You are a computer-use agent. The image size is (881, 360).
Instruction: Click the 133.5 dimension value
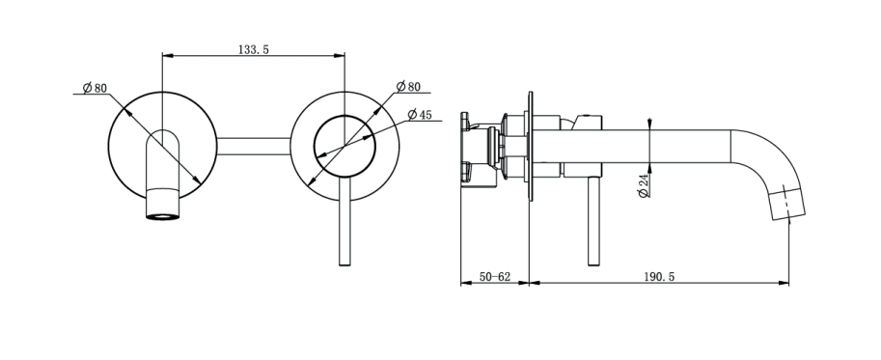[254, 49]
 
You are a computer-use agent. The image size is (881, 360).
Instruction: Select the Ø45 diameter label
[420, 115]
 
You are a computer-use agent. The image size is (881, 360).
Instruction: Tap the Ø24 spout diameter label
[644, 185]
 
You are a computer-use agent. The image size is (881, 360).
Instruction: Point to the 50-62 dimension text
[494, 277]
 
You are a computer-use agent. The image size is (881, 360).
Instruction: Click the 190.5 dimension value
[658, 277]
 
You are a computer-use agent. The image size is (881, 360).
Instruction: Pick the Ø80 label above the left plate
[95, 88]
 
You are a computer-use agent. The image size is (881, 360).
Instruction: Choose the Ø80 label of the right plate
[408, 87]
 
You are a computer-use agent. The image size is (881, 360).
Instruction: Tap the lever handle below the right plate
[345, 223]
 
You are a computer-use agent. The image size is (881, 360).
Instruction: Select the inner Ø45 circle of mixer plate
[344, 116]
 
